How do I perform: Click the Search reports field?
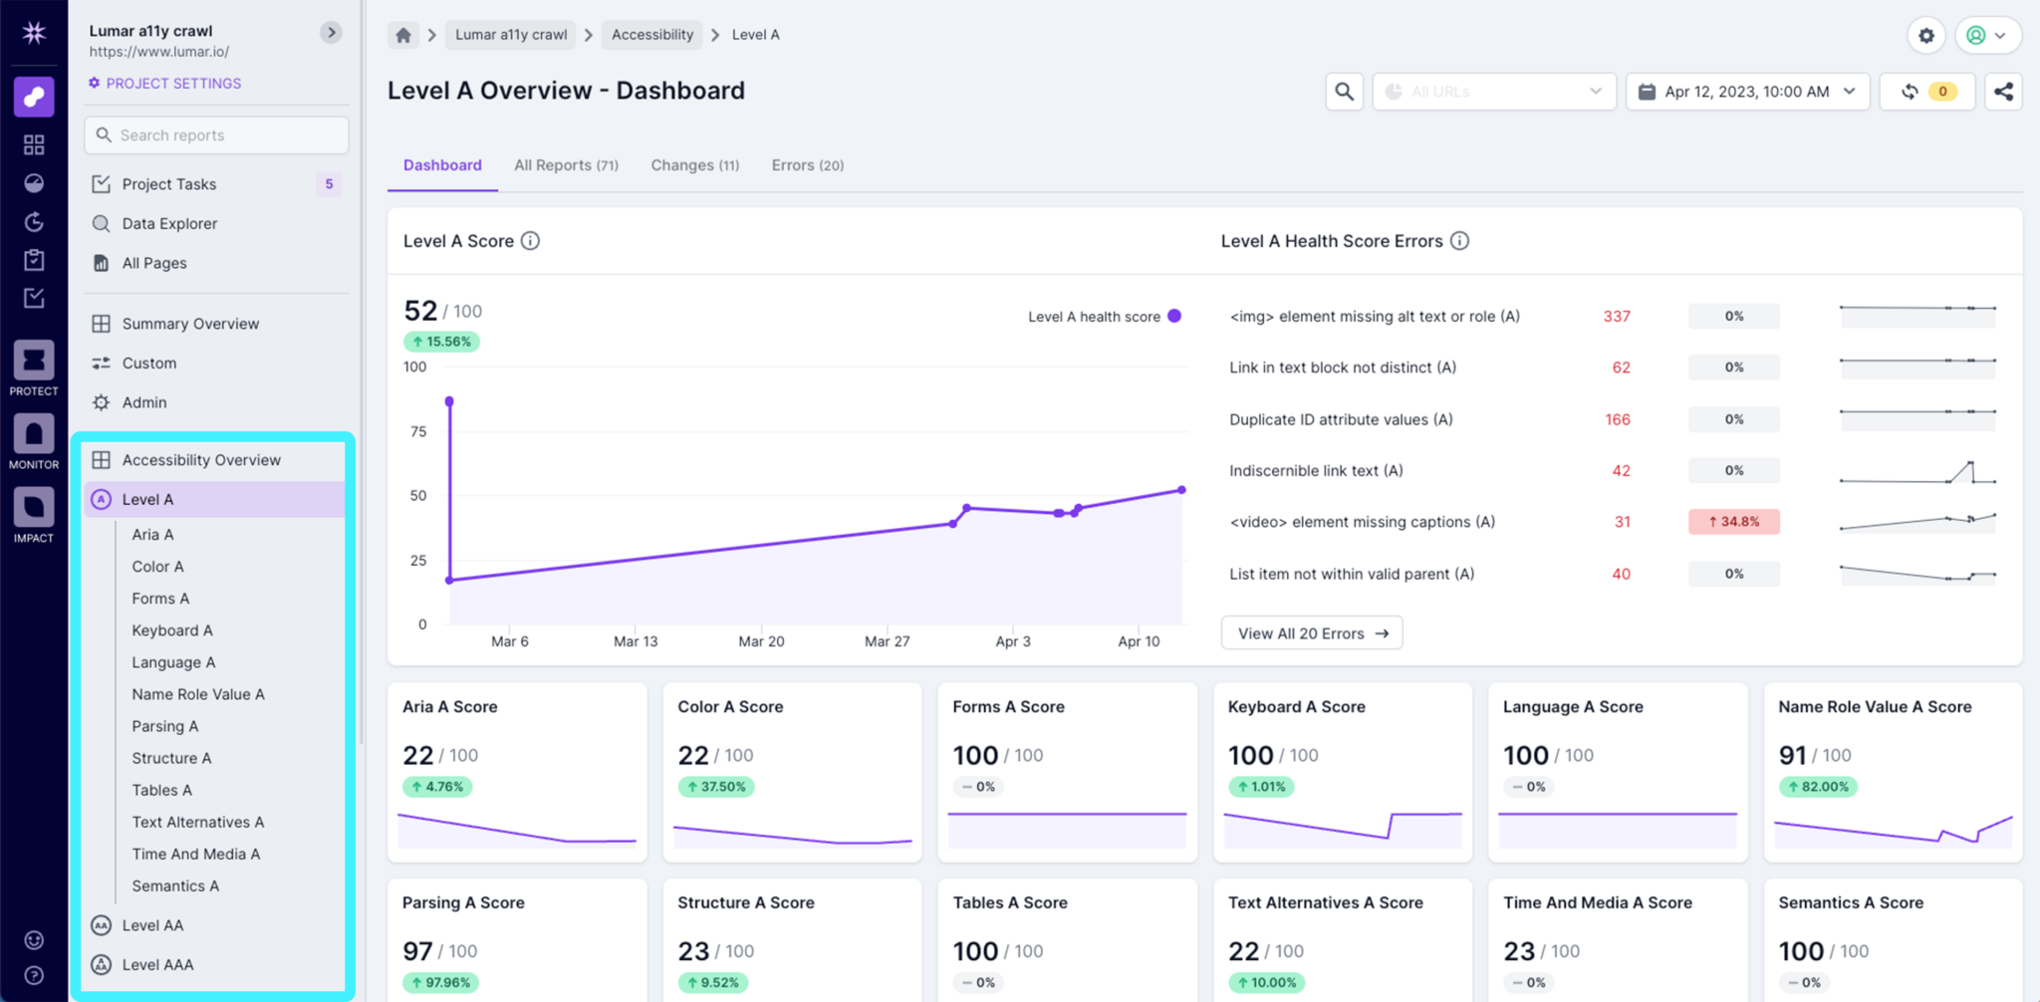[217, 135]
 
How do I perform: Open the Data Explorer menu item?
[169, 224]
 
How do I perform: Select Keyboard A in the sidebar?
[172, 630]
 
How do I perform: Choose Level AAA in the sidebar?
[157, 964]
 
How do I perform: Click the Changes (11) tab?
[694, 165]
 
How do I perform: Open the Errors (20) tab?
[807, 165]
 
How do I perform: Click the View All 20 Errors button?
[1312, 633]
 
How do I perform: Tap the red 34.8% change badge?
[1733, 522]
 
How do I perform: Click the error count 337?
[1616, 317]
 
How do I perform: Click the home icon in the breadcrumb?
[403, 35]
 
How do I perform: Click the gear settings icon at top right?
[1926, 36]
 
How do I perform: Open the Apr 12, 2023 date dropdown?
[1747, 92]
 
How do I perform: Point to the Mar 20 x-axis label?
[761, 641]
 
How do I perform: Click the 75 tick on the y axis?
[417, 431]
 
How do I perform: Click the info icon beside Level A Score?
[531, 241]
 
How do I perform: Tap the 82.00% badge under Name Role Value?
[1818, 787]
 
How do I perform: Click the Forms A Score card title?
[1008, 707]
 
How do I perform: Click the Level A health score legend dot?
[1174, 316]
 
